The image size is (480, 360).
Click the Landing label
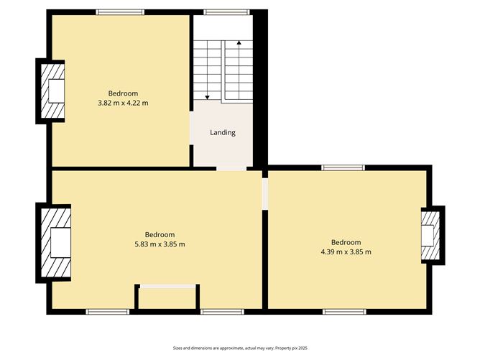(222, 133)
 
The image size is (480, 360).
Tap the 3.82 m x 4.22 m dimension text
(123, 103)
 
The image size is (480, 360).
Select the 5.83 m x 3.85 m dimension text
(160, 244)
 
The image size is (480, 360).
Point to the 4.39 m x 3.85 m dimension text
(346, 252)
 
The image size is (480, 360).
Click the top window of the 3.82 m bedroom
(120, 12)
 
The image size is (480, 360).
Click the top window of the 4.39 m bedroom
(343, 168)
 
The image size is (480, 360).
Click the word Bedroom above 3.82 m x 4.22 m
(123, 93)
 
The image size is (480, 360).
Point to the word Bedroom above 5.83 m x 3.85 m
(160, 235)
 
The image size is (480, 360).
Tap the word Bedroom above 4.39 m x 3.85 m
(346, 242)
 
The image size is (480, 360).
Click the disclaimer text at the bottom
(240, 347)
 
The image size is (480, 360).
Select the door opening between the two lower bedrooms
(264, 194)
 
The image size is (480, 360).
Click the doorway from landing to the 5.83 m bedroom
(231, 168)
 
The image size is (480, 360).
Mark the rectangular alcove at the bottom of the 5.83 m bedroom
(167, 297)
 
